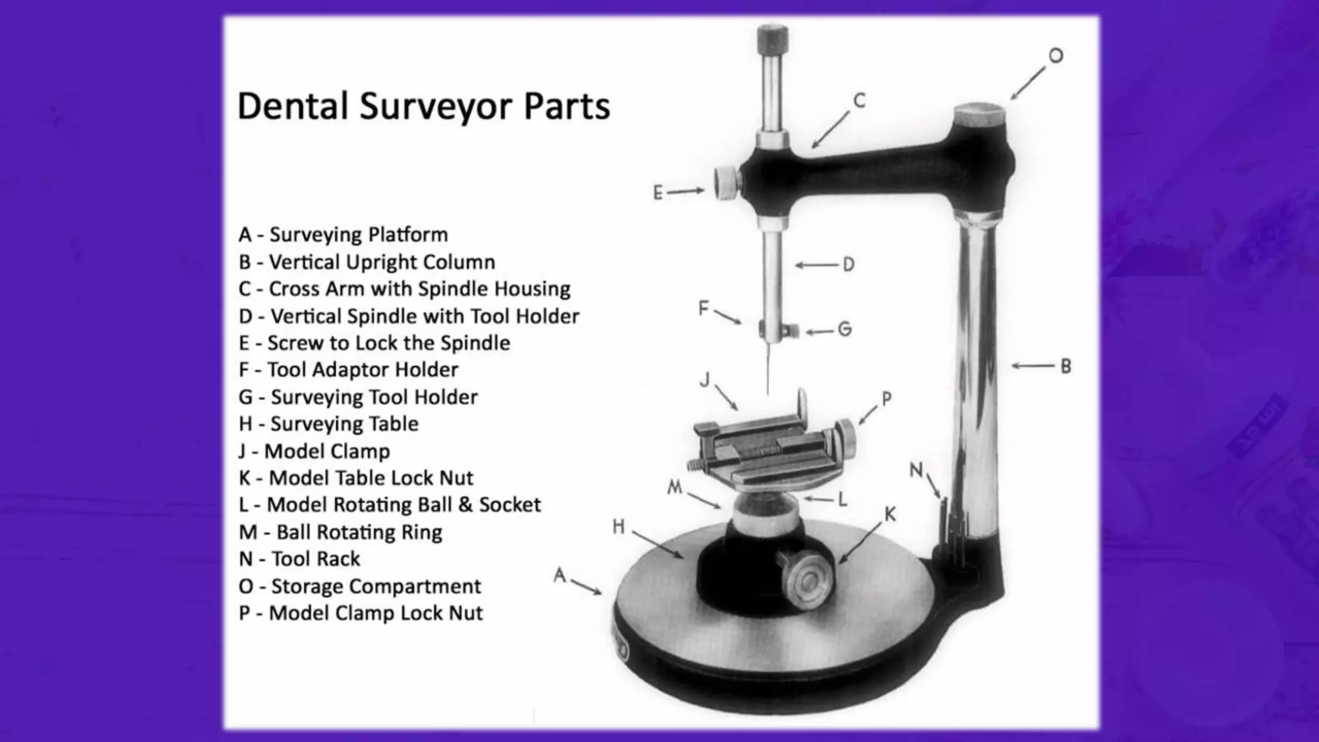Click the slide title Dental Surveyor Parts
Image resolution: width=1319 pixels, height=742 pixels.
pyautogui.click(x=423, y=106)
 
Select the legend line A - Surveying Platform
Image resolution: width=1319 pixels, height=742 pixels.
pyautogui.click(x=343, y=234)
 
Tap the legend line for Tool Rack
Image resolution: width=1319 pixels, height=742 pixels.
pyautogui.click(x=299, y=558)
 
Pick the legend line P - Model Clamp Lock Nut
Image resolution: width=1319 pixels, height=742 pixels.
pyautogui.click(x=360, y=613)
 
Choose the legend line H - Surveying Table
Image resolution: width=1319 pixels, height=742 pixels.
pyautogui.click(x=328, y=424)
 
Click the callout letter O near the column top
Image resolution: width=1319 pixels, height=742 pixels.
pyautogui.click(x=1056, y=56)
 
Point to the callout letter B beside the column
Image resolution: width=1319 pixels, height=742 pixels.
pyautogui.click(x=1066, y=366)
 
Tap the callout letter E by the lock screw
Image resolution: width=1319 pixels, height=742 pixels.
pyautogui.click(x=658, y=193)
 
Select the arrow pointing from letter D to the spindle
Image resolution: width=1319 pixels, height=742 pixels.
pyautogui.click(x=817, y=265)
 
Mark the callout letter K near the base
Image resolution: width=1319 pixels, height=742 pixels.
pyautogui.click(x=890, y=514)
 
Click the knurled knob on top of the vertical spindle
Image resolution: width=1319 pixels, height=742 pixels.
pyautogui.click(x=772, y=39)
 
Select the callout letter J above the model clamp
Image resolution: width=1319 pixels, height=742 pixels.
pyautogui.click(x=705, y=380)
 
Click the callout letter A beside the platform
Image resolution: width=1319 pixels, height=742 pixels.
pyautogui.click(x=560, y=574)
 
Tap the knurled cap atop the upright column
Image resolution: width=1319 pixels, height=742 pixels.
pyautogui.click(x=979, y=116)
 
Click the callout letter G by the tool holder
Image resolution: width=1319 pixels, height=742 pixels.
pyautogui.click(x=844, y=330)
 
